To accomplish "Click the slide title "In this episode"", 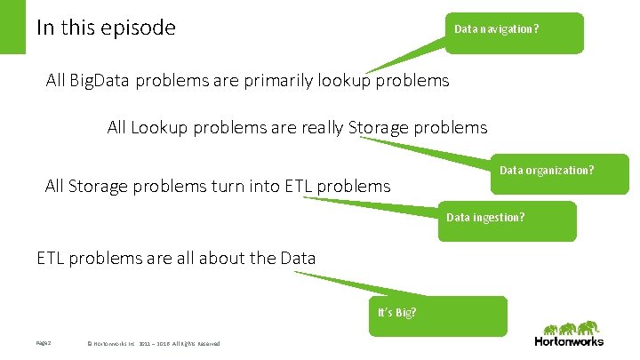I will (106, 28).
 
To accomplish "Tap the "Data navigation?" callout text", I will (495, 28).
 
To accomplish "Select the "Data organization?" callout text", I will (546, 170).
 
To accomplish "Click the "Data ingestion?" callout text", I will (484, 217).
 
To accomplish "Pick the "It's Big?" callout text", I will (397, 312).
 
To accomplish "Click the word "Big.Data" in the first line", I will (98, 81).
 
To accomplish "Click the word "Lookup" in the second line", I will (159, 127).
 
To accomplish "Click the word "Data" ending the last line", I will (297, 259).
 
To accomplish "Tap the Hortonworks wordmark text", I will (568, 341).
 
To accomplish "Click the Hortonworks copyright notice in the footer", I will (152, 344).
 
